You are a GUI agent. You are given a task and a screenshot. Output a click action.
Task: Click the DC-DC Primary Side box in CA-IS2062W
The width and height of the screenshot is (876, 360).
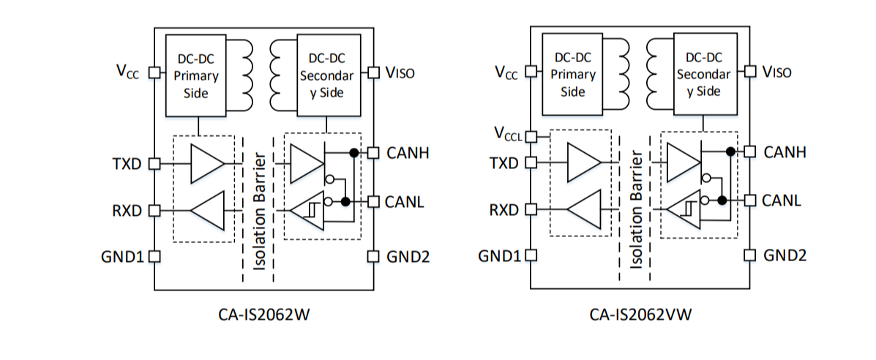196,75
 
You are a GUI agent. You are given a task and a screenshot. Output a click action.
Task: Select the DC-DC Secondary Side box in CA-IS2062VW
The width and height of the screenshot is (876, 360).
703,74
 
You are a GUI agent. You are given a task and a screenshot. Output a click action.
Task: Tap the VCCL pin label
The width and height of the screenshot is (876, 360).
508,135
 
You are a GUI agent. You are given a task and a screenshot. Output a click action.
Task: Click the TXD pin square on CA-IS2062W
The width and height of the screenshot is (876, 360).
154,163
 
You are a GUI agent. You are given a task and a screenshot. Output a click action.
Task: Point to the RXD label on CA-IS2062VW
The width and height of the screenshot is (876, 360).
503,211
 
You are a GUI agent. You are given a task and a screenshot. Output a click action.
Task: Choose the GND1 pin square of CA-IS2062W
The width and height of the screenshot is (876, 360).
154,257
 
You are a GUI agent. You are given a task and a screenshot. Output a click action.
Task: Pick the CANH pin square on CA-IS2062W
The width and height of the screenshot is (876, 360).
373,153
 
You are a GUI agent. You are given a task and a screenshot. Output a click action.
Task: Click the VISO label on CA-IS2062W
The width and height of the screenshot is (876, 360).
400,73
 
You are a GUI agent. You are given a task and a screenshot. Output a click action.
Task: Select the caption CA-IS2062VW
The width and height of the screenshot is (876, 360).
641,315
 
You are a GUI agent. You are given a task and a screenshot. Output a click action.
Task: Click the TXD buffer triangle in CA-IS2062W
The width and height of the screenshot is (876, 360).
206,162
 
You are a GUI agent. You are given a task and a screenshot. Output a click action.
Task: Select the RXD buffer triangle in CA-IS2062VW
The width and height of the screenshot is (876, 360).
583,210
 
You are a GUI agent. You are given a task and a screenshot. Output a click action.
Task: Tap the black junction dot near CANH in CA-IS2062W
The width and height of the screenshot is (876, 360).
353,153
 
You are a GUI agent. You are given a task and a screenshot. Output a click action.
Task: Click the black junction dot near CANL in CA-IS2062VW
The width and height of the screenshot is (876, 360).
722,200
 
